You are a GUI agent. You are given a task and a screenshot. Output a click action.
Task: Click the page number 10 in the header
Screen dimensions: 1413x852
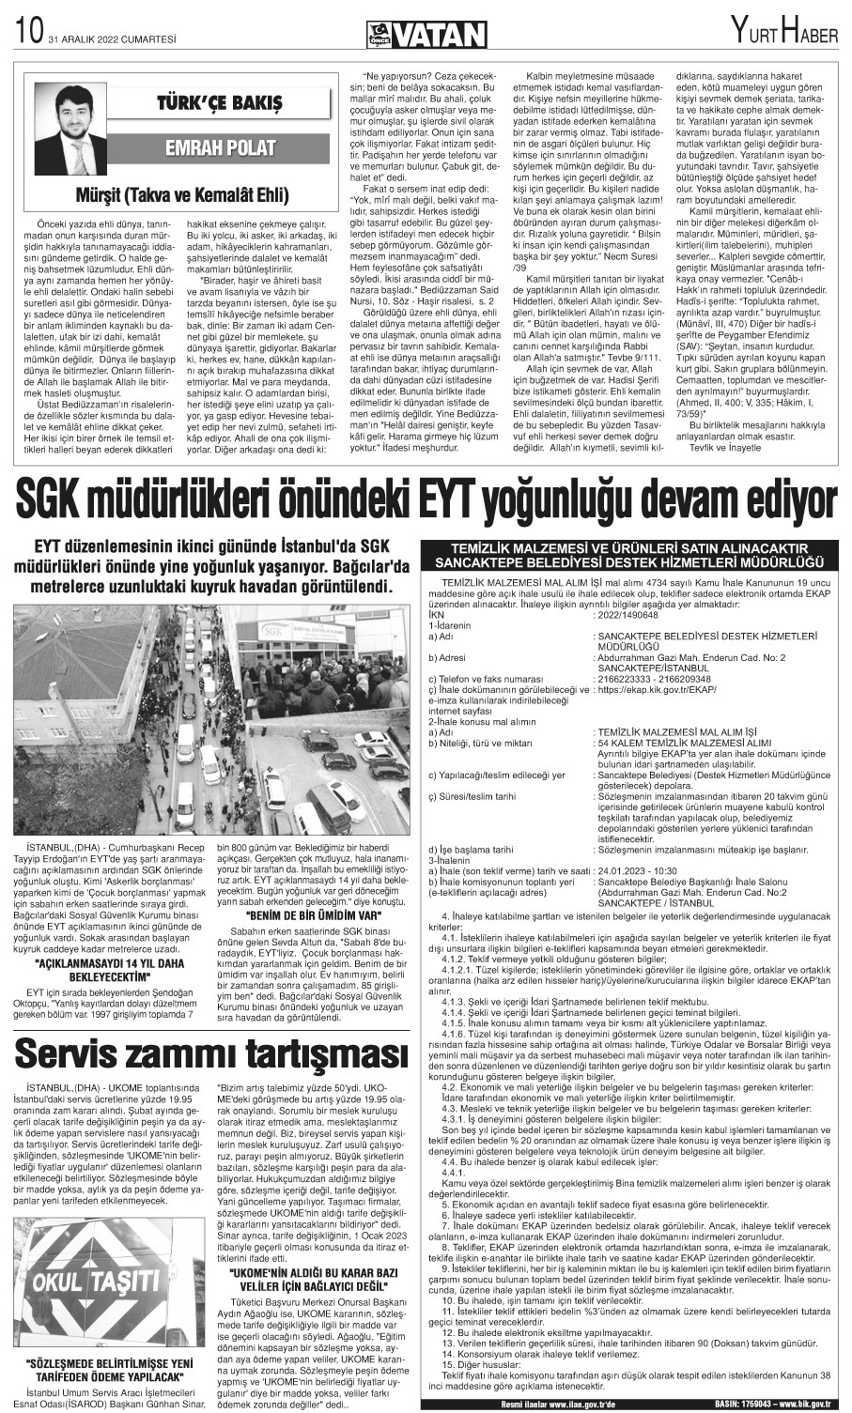tap(23, 35)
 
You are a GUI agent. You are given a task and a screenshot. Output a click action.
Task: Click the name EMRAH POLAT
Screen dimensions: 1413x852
tap(220, 147)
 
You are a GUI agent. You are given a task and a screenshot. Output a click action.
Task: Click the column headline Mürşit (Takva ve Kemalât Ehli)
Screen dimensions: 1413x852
tap(182, 195)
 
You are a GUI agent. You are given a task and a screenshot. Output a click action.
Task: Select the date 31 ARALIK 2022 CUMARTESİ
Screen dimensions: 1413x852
tap(100, 37)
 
